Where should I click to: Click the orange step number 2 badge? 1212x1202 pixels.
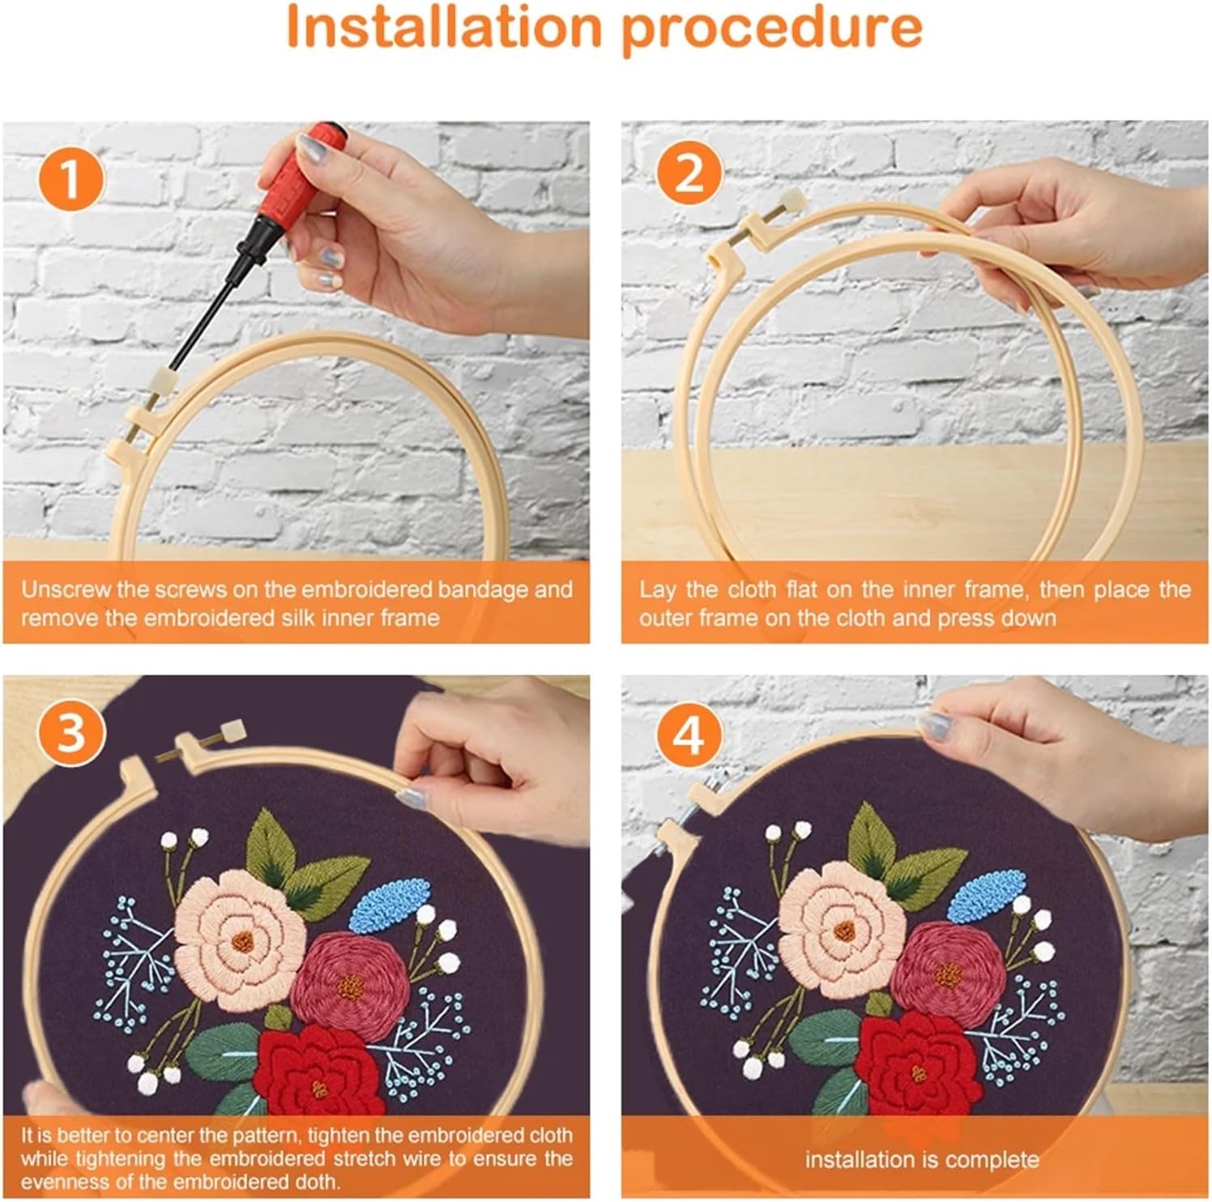(689, 173)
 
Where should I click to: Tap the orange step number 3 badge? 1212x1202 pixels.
(71, 732)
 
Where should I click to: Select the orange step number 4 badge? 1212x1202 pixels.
(689, 735)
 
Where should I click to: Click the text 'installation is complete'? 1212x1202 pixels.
(922, 1159)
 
